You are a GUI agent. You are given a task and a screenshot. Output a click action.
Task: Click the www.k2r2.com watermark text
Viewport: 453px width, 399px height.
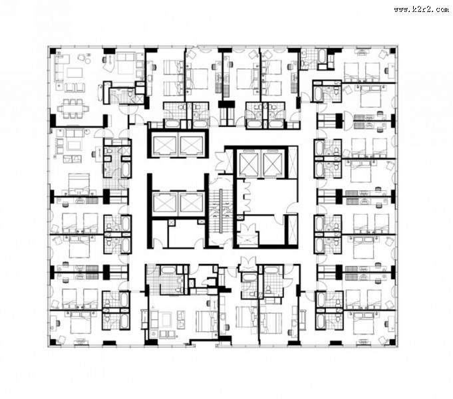click(x=421, y=9)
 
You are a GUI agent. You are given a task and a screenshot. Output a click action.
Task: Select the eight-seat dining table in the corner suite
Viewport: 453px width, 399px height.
click(x=73, y=108)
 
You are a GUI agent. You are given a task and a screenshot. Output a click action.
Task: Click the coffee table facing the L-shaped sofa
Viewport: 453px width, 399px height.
click(x=75, y=72)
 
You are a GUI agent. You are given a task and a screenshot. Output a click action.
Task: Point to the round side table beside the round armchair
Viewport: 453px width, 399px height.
click(x=88, y=60)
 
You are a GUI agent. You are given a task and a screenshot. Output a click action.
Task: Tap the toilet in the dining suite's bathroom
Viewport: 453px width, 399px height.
click(x=130, y=93)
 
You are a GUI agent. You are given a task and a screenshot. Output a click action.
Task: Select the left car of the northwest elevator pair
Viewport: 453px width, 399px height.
click(x=165, y=146)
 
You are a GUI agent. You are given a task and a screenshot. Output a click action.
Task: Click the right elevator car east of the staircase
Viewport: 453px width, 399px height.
click(x=273, y=164)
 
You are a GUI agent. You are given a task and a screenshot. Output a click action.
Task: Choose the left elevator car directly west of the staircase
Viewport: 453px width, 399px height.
click(x=164, y=202)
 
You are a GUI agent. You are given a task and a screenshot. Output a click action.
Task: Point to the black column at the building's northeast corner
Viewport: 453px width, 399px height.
click(x=392, y=51)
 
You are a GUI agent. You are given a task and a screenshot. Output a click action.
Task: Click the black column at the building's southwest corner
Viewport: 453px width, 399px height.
click(x=53, y=342)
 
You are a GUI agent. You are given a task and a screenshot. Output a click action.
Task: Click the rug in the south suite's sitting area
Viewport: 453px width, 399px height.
click(x=166, y=320)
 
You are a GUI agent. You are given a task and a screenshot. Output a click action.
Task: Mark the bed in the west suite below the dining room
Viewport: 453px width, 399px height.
click(x=79, y=183)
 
